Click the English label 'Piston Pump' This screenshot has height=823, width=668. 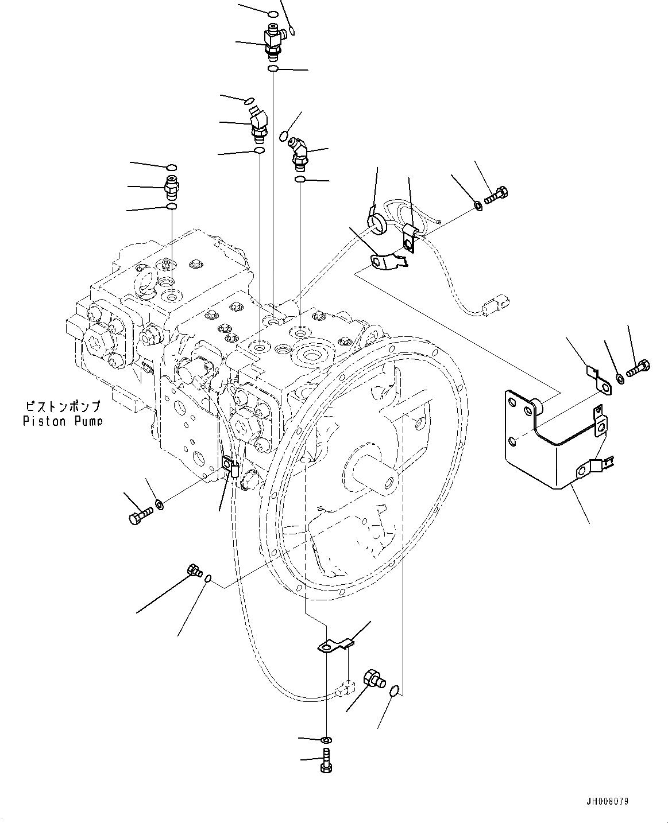coord(63,421)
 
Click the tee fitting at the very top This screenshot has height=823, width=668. coord(272,40)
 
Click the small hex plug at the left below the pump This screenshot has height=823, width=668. coord(193,570)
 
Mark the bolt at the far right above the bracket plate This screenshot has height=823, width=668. coord(638,368)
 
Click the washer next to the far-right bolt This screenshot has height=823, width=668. coord(620,379)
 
